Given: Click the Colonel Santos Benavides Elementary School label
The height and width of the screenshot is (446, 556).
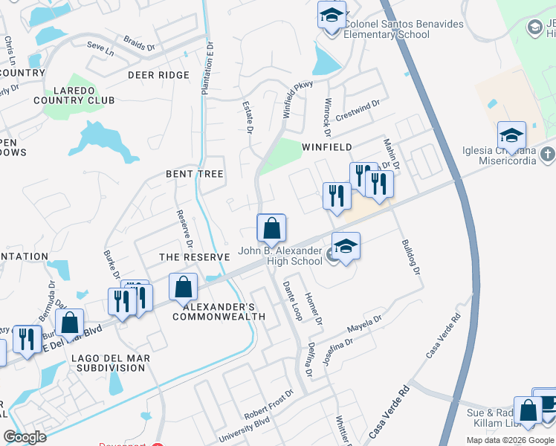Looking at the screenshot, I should [x=404, y=29].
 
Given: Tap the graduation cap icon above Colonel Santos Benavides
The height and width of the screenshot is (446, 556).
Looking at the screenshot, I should [x=332, y=14].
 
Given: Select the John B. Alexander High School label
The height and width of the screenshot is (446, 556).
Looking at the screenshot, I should [x=279, y=256].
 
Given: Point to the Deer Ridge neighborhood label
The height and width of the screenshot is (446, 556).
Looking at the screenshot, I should [x=158, y=75].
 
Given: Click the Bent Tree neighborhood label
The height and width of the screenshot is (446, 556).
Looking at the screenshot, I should [x=194, y=173].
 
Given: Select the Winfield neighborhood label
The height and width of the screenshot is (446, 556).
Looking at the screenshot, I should [x=326, y=147].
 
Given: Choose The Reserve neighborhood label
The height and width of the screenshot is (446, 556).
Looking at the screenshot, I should [x=195, y=257].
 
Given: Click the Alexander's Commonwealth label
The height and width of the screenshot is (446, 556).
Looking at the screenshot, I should [x=219, y=311].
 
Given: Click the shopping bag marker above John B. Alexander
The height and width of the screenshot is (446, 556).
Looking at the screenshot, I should [x=272, y=228].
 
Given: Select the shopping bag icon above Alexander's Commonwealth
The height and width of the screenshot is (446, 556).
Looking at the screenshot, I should [x=183, y=287].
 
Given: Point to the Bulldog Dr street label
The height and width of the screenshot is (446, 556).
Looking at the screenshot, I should [x=410, y=257].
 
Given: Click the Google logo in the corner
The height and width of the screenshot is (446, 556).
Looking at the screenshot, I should [x=25, y=437].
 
